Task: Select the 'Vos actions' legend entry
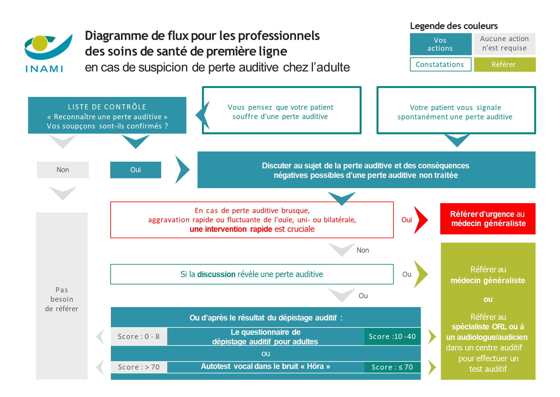(x=440, y=44)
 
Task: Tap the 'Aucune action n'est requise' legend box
(x=504, y=44)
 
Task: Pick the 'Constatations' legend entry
(x=440, y=64)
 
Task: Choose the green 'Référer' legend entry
(x=504, y=64)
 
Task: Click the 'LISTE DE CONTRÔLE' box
(x=107, y=115)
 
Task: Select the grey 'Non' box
(x=63, y=170)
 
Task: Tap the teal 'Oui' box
(x=136, y=170)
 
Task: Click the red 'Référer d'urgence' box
(x=487, y=219)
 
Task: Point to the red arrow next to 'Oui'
(x=420, y=220)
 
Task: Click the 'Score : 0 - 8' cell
(x=139, y=337)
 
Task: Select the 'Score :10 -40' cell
(x=392, y=337)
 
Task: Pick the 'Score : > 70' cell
(x=139, y=367)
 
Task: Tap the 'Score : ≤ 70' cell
(x=392, y=367)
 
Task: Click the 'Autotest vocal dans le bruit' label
(x=265, y=367)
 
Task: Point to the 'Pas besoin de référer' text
(x=62, y=299)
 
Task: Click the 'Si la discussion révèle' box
(x=252, y=274)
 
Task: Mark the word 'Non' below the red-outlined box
(x=362, y=250)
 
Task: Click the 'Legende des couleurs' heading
(x=454, y=26)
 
